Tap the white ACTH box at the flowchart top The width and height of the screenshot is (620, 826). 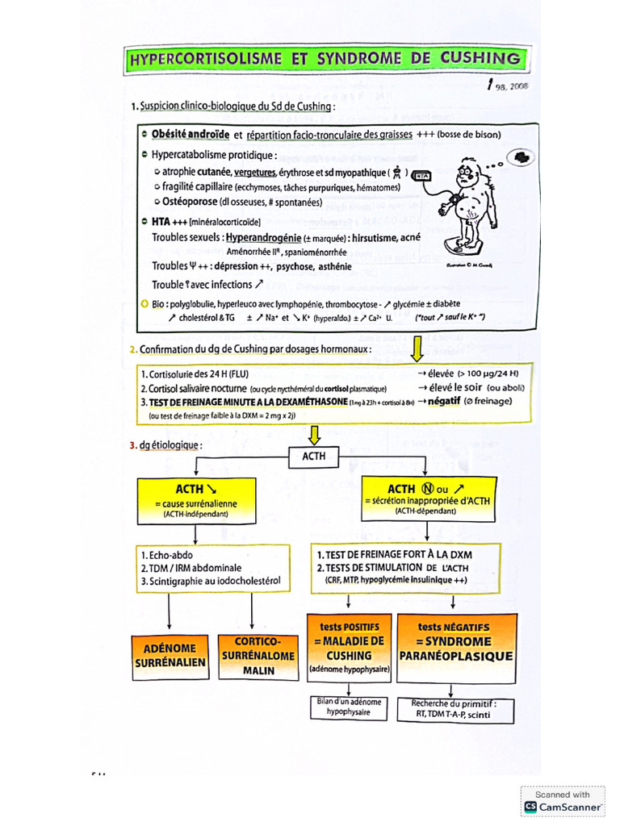tap(314, 457)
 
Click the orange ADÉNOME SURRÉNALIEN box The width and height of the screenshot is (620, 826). tap(170, 654)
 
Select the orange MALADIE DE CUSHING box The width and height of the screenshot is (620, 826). tap(349, 648)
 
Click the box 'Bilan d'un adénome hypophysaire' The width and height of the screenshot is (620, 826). tap(349, 707)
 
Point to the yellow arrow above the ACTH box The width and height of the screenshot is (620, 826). tap(314, 436)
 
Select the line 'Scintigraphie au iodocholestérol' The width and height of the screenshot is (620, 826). tap(210, 581)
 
